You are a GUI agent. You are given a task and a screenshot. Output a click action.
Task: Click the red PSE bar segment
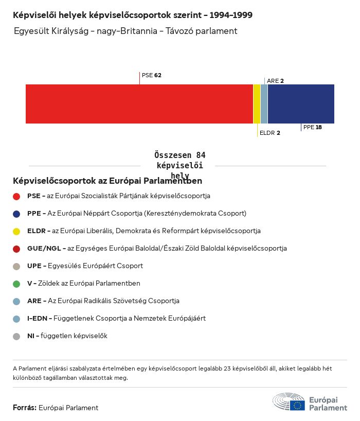(139, 103)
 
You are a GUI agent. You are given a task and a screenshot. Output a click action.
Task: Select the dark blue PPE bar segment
(301, 103)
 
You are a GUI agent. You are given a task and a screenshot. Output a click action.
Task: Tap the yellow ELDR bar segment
(257, 103)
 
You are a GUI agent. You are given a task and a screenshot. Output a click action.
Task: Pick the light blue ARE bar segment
(264, 103)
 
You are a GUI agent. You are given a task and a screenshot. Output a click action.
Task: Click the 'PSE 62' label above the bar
(151, 75)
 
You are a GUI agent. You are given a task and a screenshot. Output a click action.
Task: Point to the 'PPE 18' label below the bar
(312, 127)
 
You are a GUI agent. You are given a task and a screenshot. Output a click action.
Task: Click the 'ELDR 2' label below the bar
(269, 133)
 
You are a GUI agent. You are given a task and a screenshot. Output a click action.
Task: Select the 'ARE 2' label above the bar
(275, 81)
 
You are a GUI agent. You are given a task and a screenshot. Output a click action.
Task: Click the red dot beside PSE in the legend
(16, 196)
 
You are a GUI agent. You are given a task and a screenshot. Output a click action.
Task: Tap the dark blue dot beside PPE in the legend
(16, 214)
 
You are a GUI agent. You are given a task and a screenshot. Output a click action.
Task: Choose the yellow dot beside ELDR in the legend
(16, 231)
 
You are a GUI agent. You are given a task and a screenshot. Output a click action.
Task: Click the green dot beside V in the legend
(16, 284)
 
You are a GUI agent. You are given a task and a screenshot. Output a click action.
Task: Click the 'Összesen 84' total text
(179, 155)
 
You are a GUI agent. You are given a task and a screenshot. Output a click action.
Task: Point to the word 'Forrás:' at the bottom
(25, 408)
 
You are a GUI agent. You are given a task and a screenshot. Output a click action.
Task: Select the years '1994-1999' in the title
(231, 15)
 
